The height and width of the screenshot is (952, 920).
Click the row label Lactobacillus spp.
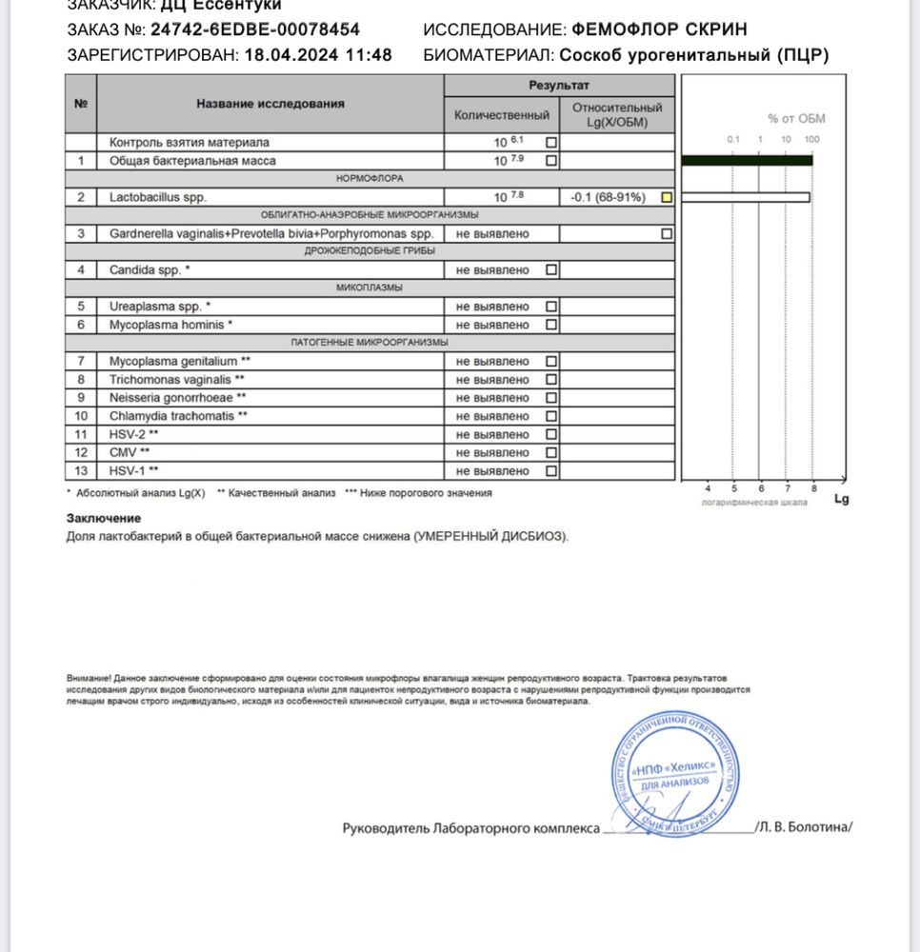(x=157, y=197)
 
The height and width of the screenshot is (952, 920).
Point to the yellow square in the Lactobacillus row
(x=667, y=197)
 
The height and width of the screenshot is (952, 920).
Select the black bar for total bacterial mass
(x=747, y=161)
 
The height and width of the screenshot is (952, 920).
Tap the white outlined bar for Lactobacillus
(x=746, y=197)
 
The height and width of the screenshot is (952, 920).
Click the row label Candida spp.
(x=150, y=270)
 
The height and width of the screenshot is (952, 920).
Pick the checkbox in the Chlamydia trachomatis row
(x=551, y=416)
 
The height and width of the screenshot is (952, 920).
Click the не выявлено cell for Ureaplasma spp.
(x=492, y=307)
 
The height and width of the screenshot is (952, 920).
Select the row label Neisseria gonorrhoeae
(x=178, y=398)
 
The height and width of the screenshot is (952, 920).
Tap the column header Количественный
(x=502, y=115)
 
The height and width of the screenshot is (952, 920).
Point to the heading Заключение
(x=104, y=518)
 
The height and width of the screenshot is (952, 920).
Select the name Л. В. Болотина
(x=805, y=827)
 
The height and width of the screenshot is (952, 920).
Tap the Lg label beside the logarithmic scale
(x=841, y=498)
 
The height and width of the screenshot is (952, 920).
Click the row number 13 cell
(x=81, y=471)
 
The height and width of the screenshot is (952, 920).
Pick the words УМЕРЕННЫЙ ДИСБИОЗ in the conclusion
(x=490, y=537)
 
